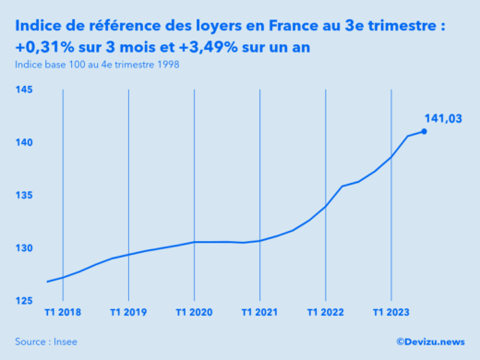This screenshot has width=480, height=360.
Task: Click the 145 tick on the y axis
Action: pyautogui.click(x=24, y=90)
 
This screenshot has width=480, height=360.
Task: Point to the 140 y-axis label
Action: pyautogui.click(x=24, y=143)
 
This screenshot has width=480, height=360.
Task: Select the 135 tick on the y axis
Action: pyautogui.click(x=24, y=196)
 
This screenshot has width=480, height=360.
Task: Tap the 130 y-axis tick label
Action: pyautogui.click(x=24, y=248)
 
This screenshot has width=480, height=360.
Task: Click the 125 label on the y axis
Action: pyautogui.click(x=24, y=302)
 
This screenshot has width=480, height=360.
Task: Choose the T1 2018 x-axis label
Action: pyautogui.click(x=62, y=312)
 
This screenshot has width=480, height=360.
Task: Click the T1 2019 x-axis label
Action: pyautogui.click(x=128, y=312)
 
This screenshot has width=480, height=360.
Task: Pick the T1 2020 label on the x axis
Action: pyautogui.click(x=194, y=312)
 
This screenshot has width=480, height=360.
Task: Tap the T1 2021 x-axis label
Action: pyautogui.click(x=259, y=312)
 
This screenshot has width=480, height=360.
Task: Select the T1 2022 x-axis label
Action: pyautogui.click(x=325, y=312)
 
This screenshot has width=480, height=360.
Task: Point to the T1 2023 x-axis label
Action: pyautogui.click(x=390, y=312)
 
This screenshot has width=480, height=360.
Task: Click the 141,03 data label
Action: pyautogui.click(x=443, y=118)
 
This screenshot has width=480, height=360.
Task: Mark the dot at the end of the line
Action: pyautogui.click(x=424, y=131)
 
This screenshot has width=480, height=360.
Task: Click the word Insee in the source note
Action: pyautogui.click(x=65, y=342)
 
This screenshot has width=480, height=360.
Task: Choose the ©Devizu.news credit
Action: pyautogui.click(x=430, y=342)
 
